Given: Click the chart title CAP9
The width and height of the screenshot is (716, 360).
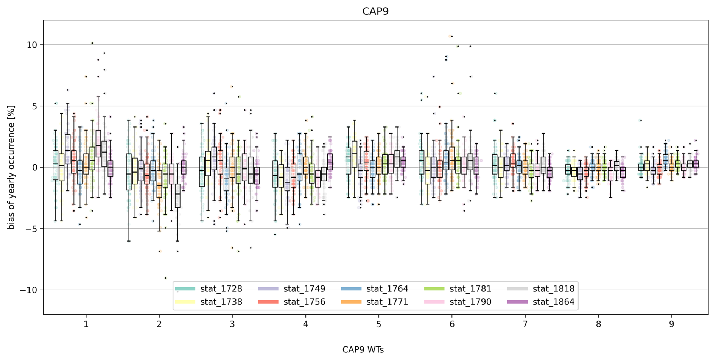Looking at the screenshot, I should click(375, 11).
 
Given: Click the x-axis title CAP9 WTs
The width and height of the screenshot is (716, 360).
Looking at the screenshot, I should click(363, 350).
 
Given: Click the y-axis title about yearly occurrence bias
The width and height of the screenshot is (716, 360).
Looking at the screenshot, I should click(11, 167).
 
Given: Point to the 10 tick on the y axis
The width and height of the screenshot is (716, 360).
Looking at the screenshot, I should click(32, 45).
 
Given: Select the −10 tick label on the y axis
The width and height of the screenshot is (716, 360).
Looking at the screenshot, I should click(28, 290).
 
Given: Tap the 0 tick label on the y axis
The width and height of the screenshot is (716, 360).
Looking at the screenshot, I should click(35, 168).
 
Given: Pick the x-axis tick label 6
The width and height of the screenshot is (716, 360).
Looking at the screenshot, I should click(452, 324).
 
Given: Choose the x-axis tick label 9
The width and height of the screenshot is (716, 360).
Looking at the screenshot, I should click(672, 324).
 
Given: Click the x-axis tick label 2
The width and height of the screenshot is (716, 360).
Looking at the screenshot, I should click(159, 324).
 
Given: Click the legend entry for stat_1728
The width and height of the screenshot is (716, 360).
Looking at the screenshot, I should click(221, 289).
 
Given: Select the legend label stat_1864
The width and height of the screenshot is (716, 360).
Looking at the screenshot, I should click(553, 302).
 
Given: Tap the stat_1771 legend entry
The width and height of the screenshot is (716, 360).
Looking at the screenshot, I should click(387, 302).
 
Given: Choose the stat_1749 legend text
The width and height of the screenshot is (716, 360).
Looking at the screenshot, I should click(304, 289).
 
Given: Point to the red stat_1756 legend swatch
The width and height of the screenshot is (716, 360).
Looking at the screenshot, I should click(268, 302).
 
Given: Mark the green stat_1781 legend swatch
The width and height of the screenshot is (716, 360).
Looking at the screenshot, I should click(434, 289).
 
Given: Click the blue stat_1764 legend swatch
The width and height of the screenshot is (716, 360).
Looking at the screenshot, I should click(351, 289).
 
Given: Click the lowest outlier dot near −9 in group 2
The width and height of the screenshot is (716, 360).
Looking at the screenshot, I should click(165, 278).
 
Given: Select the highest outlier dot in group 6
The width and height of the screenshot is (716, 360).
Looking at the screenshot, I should click(452, 36).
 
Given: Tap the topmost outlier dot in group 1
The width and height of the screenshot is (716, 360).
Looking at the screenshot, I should click(92, 43).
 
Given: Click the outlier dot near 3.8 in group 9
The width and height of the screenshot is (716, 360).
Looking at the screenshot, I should click(641, 120).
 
